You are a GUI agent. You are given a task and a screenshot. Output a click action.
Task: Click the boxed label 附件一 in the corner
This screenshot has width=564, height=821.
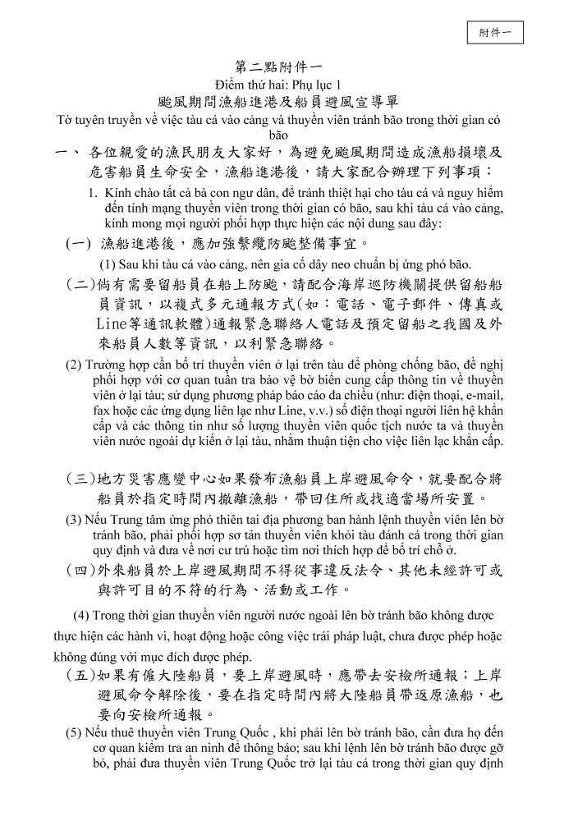click(x=495, y=32)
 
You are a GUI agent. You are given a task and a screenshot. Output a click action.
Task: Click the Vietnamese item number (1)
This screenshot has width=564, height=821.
click(x=107, y=264)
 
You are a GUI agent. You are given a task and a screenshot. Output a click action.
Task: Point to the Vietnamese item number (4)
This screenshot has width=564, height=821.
click(x=81, y=616)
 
